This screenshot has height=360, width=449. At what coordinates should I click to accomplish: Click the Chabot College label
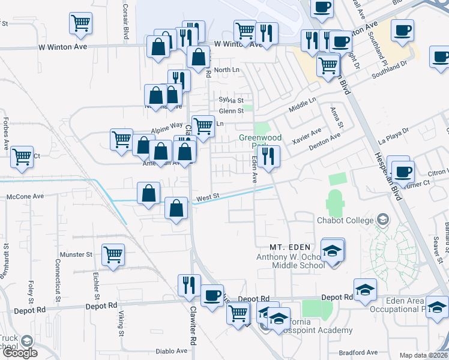point(345,220)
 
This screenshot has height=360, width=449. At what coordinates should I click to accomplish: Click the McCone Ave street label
point(25,196)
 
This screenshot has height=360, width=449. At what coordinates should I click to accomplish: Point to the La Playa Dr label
point(393,135)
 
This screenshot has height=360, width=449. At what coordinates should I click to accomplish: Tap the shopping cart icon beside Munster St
point(113,254)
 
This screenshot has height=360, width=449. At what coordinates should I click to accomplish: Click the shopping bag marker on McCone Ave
point(148,193)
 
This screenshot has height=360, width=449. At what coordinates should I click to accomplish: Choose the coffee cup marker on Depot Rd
point(212,295)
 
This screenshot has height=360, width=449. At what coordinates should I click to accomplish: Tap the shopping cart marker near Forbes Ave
point(22,157)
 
